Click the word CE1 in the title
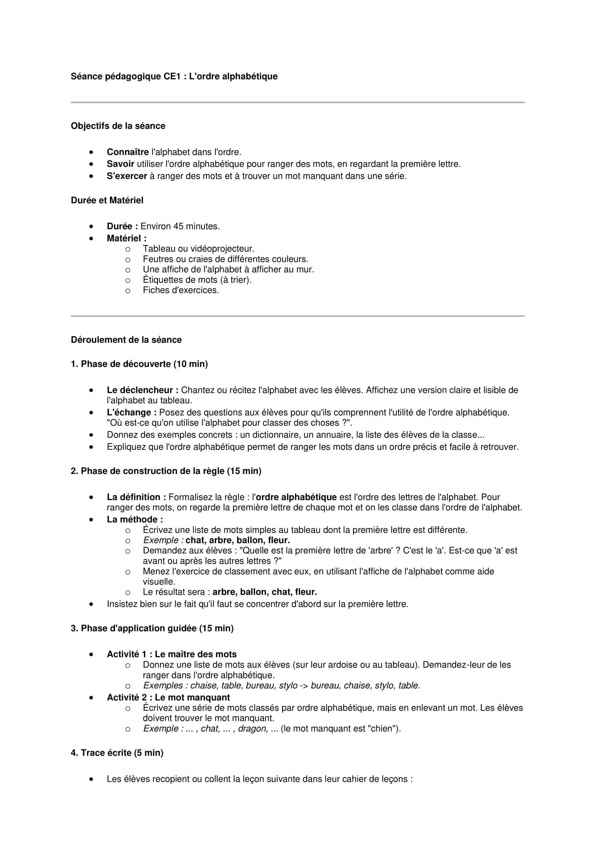point(172,76)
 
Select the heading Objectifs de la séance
point(118,126)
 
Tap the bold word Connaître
point(128,152)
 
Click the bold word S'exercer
point(126,176)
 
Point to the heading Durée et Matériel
point(107,200)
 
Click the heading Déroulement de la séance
point(126,340)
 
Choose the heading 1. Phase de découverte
point(139,364)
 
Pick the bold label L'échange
point(132,413)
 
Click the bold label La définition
point(136,497)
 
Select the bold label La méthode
point(135,520)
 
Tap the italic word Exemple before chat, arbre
point(160,541)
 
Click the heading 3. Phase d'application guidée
point(152,628)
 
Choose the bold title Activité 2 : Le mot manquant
point(168,698)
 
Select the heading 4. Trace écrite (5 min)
point(117,753)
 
